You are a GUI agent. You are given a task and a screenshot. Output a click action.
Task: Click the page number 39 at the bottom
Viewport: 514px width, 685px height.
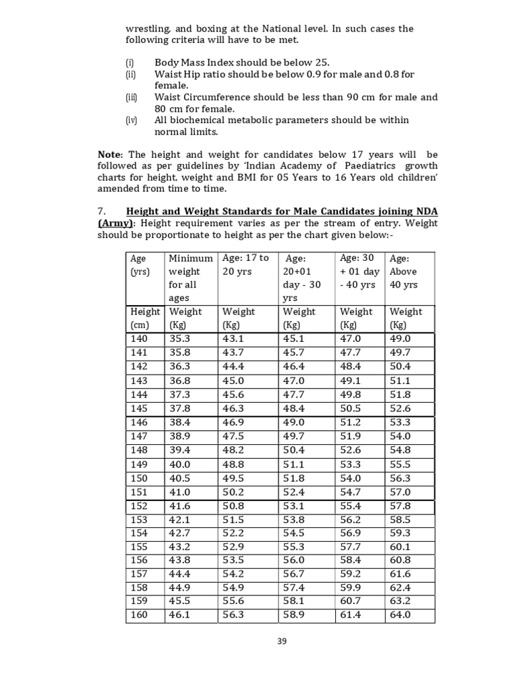[x=282, y=641]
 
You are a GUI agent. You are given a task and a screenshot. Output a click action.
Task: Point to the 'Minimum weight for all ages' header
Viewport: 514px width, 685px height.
[x=190, y=278]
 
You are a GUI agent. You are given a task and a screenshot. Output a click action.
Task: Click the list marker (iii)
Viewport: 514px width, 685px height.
[x=132, y=97]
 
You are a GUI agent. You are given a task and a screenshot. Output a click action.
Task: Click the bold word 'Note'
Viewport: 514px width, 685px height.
[x=111, y=155]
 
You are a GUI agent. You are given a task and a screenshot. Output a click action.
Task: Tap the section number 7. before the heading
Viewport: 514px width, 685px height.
[x=102, y=211]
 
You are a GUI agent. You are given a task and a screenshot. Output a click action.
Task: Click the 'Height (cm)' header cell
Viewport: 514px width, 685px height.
[x=145, y=318]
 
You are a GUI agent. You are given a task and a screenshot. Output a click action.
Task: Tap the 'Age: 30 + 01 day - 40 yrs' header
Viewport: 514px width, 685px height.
[x=359, y=271]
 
